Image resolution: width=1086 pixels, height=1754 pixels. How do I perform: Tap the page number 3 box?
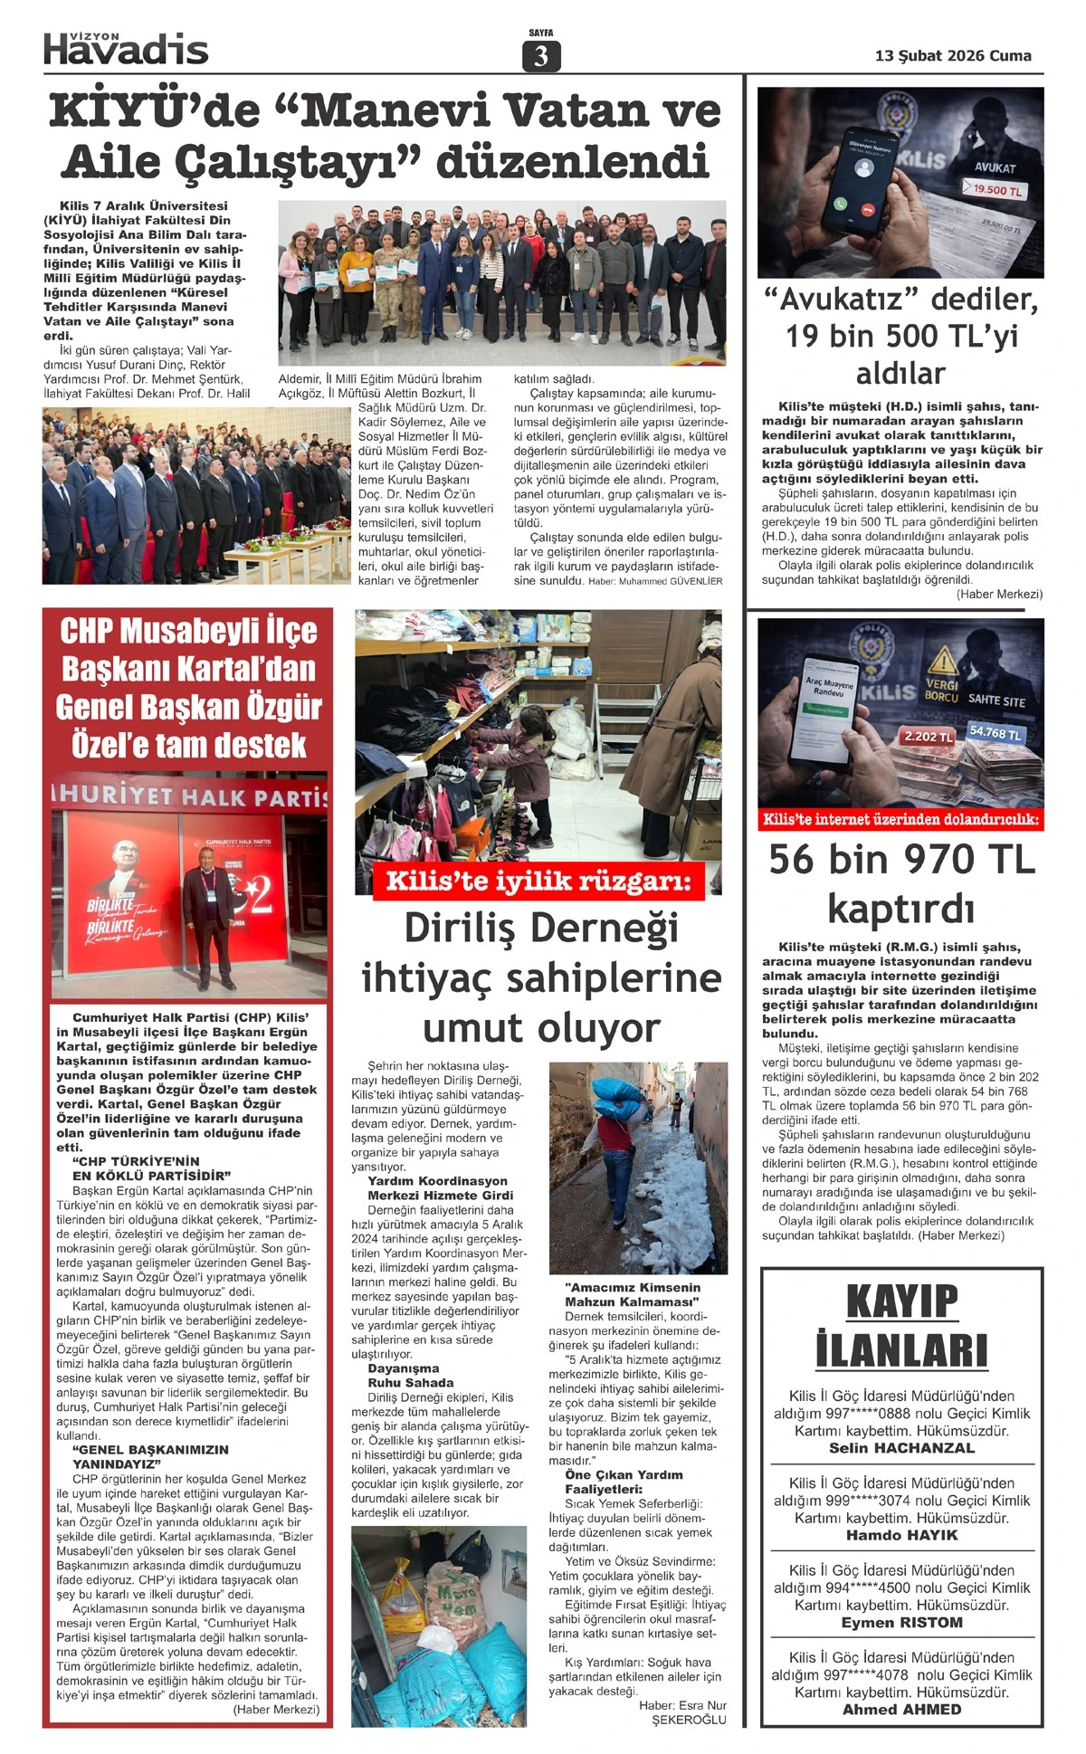pyautogui.click(x=541, y=56)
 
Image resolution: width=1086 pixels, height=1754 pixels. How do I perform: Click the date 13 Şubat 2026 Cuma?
pyautogui.click(x=953, y=56)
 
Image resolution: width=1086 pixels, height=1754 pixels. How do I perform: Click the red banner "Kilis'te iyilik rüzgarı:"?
pyautogui.click(x=538, y=882)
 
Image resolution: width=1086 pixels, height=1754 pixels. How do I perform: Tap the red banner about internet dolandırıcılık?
pyautogui.click(x=901, y=820)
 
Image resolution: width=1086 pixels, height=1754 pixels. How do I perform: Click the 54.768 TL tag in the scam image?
pyautogui.click(x=995, y=732)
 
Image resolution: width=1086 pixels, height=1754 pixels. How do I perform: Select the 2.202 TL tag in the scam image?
pyautogui.click(x=929, y=737)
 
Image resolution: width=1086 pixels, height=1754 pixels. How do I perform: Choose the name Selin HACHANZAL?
pyautogui.click(x=901, y=1449)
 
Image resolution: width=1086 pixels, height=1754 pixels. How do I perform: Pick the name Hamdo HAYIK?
pyautogui.click(x=901, y=1536)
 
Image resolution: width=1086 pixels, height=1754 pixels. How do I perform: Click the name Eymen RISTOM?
pyautogui.click(x=901, y=1623)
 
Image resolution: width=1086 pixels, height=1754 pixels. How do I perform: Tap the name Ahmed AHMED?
pyautogui.click(x=901, y=1710)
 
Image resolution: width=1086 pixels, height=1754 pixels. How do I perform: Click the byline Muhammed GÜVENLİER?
pyautogui.click(x=670, y=581)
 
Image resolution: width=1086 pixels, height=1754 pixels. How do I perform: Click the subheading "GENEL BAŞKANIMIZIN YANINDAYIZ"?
pyautogui.click(x=150, y=1456)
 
